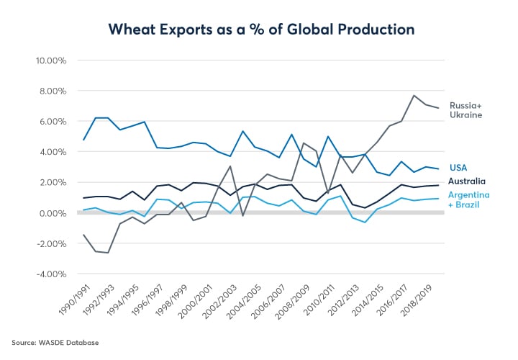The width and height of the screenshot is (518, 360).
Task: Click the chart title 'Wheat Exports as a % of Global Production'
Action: pyautogui.click(x=260, y=29)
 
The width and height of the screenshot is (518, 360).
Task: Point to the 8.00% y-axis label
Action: pyautogui.click(x=53, y=91)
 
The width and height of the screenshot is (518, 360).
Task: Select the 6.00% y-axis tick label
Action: pyautogui.click(x=53, y=121)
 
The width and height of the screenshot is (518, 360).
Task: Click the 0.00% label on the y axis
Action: pyautogui.click(x=53, y=213)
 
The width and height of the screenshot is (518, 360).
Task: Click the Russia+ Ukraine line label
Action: pyautogui.click(x=466, y=109)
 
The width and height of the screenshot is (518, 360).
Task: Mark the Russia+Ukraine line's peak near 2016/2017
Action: pyautogui.click(x=414, y=95)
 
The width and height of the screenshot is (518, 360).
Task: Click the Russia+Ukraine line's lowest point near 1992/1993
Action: pyautogui.click(x=109, y=253)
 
